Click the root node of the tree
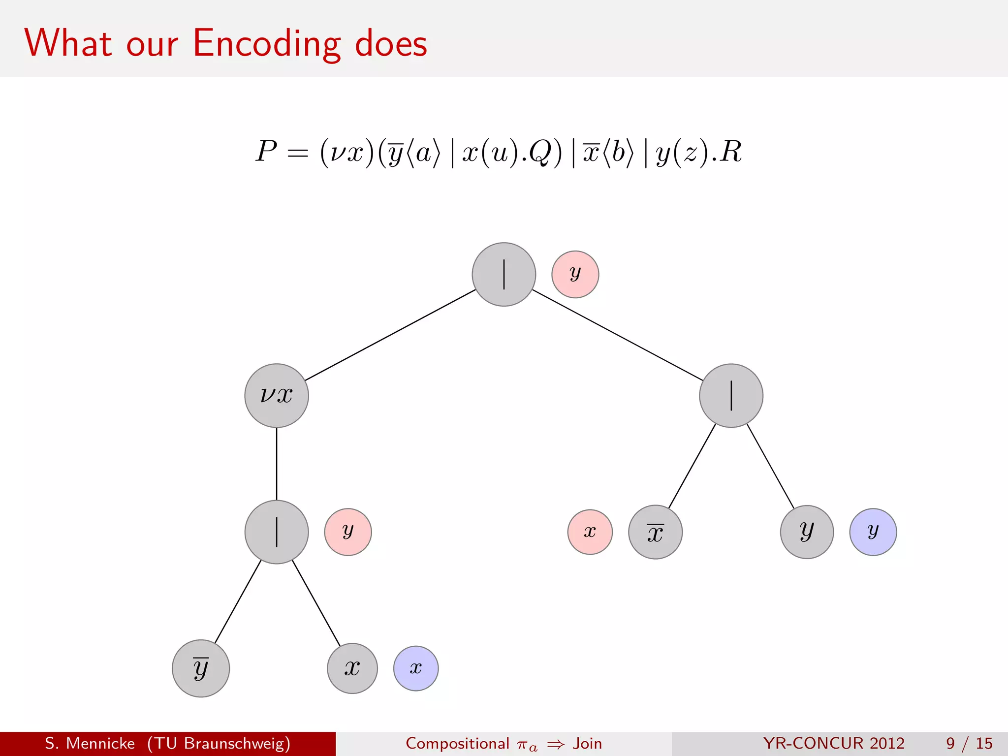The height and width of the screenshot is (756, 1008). tap(504, 275)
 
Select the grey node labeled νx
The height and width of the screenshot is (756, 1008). tap(277, 396)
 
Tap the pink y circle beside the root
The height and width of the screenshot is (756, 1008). tap(575, 275)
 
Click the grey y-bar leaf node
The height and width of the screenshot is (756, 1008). tap(201, 668)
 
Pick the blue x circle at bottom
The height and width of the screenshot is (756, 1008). tap(416, 668)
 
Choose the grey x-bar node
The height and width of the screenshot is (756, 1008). tap(655, 532)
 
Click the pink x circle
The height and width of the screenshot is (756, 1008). tap(590, 532)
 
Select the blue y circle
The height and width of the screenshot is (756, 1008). tap(873, 532)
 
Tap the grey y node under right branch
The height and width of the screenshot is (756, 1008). tap(807, 532)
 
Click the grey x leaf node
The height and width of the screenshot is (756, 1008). tap(352, 668)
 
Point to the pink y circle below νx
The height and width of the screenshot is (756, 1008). tap(348, 532)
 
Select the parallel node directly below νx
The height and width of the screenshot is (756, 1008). tap(277, 532)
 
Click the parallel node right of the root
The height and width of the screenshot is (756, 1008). tap(731, 396)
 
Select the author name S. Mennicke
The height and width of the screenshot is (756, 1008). tap(90, 743)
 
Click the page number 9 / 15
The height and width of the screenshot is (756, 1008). tap(969, 743)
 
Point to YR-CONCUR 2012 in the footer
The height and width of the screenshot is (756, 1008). tap(834, 743)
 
